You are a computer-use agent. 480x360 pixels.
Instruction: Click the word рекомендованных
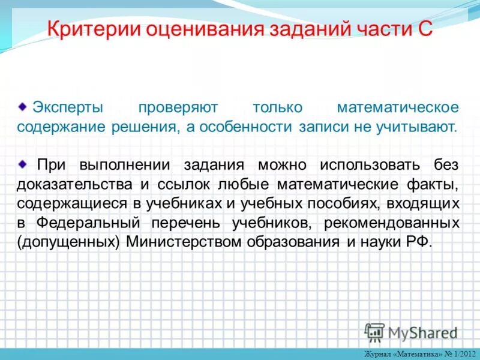click(x=392, y=223)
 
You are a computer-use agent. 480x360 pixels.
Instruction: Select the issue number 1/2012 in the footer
click(x=463, y=354)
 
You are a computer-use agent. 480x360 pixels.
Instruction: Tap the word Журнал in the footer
click(x=376, y=354)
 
